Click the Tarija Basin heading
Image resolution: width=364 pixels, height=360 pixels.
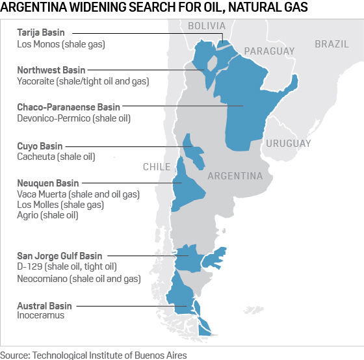[45, 32]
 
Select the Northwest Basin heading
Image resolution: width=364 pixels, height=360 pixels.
[51, 70]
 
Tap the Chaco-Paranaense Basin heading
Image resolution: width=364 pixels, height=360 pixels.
[69, 107]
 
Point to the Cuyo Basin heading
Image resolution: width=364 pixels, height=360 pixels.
[40, 146]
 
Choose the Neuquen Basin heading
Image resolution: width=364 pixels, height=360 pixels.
[48, 184]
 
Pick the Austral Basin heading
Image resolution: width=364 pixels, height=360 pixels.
[45, 305]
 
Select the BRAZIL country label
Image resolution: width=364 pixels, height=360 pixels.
[331, 44]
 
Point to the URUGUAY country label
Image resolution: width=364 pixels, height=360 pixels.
[288, 143]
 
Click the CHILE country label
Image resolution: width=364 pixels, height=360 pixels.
[157, 167]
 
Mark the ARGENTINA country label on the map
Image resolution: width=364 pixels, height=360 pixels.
[235, 176]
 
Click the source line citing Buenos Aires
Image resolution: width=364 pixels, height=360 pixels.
[94, 355]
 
